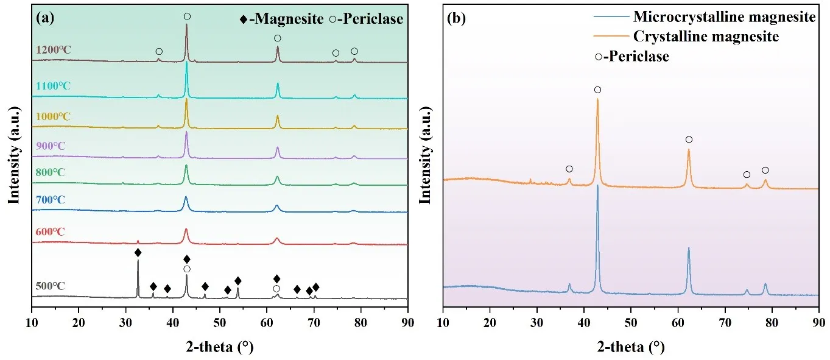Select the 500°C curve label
[50, 286]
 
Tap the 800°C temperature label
[50, 172]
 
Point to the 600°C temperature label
[50, 231]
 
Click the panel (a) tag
[45, 18]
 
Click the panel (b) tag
[457, 18]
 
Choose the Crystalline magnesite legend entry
[706, 37]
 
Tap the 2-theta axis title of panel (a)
[219, 347]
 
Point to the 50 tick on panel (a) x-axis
[220, 320]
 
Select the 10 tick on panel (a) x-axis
[32, 320]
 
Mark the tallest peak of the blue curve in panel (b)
[597, 186]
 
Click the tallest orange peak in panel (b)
[597, 99]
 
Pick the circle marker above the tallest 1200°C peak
[187, 16]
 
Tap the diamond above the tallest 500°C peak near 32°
[138, 252]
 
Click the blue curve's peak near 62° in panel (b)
[689, 249]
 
